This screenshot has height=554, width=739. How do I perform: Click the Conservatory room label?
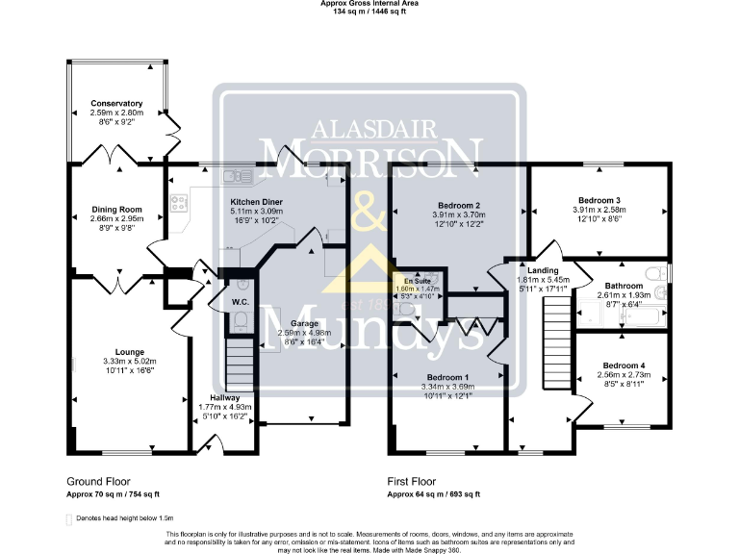116,103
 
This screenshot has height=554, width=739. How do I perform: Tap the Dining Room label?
116,209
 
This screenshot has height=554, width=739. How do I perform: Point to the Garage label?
304,323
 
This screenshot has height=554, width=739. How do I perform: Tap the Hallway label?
224,397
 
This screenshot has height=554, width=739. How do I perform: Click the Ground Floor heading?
98,481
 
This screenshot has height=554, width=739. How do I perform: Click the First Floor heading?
411,481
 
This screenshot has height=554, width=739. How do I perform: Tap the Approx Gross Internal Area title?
369,4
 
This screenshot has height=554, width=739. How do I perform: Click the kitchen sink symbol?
236,176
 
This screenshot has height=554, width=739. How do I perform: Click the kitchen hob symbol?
178,203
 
